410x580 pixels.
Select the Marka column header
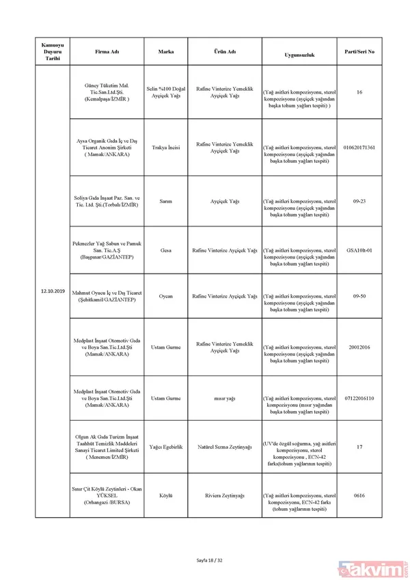click(165, 52)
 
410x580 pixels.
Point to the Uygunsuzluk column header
click(299, 54)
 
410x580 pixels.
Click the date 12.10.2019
click(53, 291)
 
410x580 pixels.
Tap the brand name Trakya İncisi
click(165, 147)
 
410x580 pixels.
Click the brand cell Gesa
click(165, 250)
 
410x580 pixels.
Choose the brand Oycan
click(165, 296)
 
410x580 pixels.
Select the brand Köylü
click(165, 495)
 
